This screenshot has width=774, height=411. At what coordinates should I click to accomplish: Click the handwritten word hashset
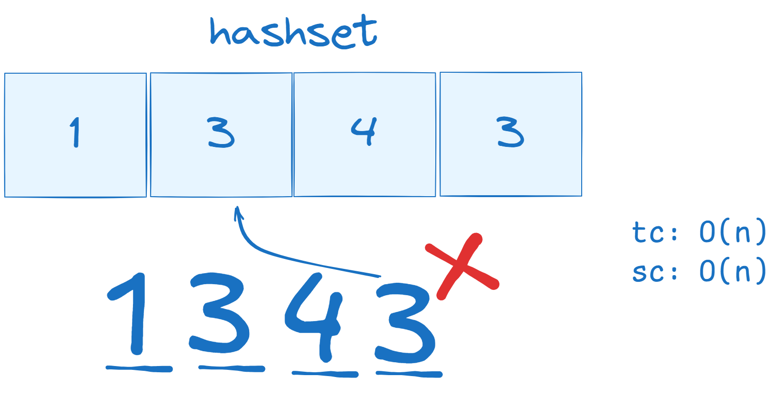pos(294,32)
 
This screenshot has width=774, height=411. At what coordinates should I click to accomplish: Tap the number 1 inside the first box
pos(75,132)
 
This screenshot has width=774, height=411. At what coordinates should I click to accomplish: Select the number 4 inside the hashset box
pos(364,132)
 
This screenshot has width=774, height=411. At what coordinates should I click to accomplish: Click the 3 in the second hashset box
pos(221,133)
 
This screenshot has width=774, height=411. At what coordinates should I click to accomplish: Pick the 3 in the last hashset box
pos(511,132)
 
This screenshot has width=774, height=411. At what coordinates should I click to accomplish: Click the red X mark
pos(462,266)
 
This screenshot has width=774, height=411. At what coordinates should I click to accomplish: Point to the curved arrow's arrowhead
pos(238,212)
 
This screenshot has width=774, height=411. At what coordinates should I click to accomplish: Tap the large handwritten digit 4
pos(314,317)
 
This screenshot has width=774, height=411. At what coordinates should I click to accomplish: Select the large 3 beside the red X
pos(405,323)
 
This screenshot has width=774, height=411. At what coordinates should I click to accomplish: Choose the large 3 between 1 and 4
pos(219,313)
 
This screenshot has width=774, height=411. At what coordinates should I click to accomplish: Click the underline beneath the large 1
pos(139,369)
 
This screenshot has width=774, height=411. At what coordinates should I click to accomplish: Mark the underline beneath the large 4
pos(325,374)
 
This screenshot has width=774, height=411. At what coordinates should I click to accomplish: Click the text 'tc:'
pos(654,232)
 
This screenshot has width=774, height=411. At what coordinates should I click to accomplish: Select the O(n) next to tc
pos(732,232)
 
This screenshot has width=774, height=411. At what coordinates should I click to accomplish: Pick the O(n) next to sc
pos(732,271)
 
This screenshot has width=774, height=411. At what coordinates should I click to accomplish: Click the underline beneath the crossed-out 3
pos(409,374)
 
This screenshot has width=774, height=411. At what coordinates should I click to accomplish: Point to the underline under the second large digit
pos(232,369)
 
